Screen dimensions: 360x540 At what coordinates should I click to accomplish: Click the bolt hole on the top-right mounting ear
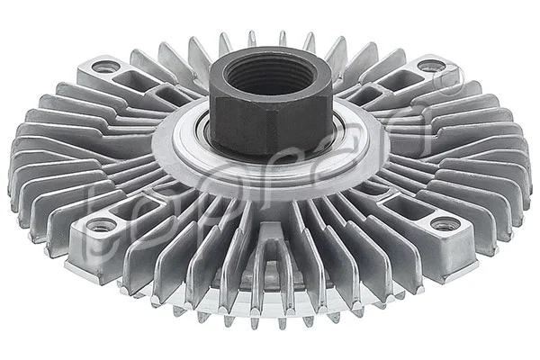430,65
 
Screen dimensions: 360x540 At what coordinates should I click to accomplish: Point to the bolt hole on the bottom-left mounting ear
101,225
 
